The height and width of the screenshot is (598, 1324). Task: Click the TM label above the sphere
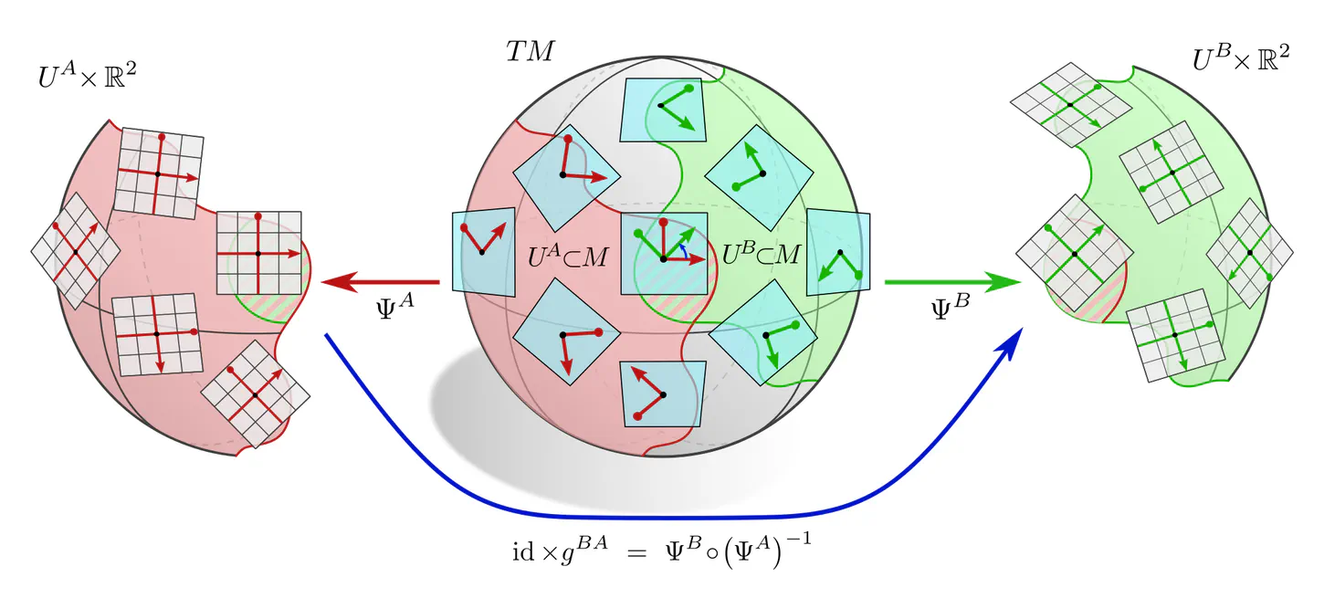[530, 53]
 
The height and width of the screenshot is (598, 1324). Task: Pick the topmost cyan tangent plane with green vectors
[662, 110]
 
